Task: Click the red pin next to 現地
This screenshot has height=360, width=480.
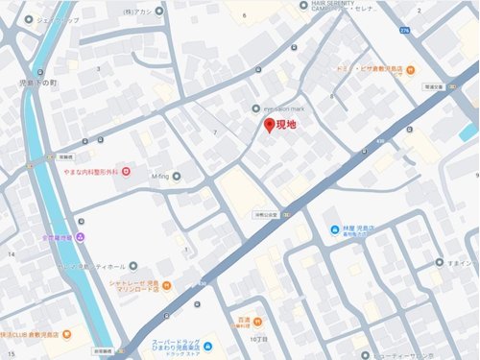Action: pyautogui.click(x=269, y=127)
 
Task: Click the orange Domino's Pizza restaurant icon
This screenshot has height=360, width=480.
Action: pyautogui.click(x=410, y=69)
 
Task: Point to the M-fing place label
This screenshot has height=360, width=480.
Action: pyautogui.click(x=159, y=176)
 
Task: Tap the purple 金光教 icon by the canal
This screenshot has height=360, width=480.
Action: pyautogui.click(x=81, y=236)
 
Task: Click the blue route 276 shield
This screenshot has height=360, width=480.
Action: pyautogui.click(x=405, y=32)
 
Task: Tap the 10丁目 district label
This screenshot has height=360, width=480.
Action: pyautogui.click(x=256, y=339)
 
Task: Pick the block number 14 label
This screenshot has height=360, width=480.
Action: pyautogui.click(x=12, y=253)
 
